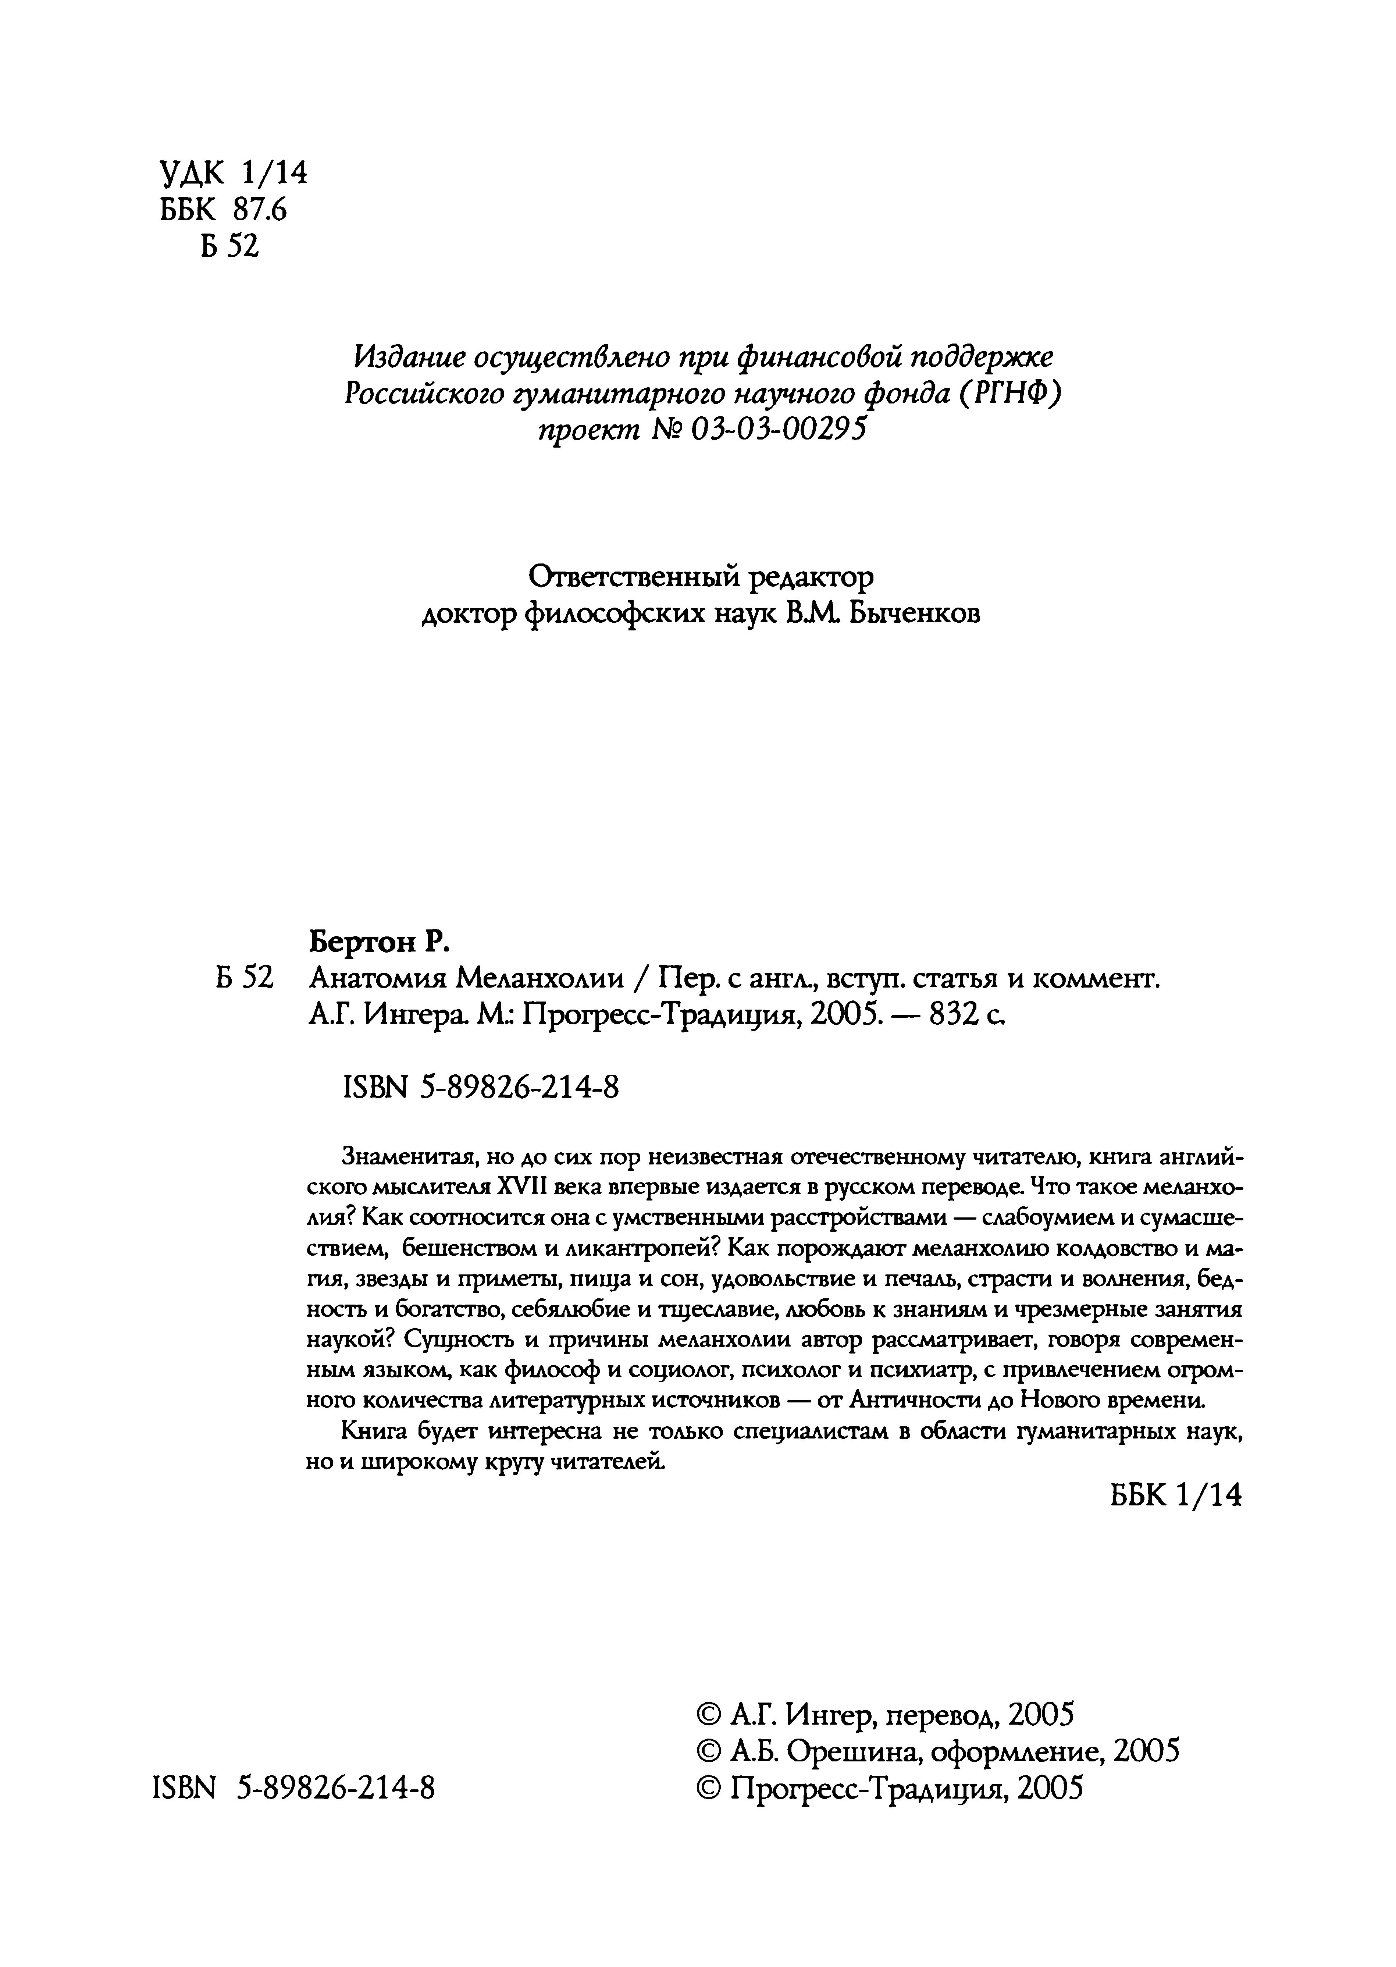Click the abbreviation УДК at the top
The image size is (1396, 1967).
[191, 174]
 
